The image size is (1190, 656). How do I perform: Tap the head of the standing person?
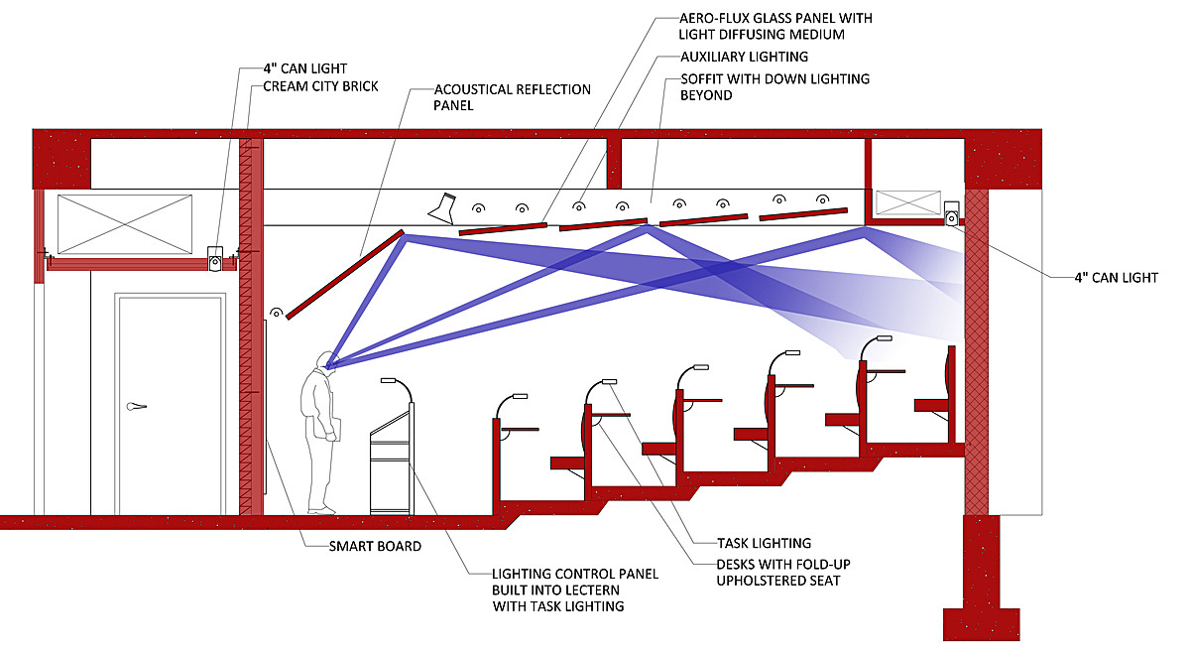[324, 360]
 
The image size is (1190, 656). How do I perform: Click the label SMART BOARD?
[375, 546]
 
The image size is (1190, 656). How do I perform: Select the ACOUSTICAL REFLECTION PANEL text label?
[512, 97]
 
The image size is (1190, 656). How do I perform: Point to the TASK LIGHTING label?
[764, 543]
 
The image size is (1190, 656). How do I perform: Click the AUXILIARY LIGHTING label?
[744, 58]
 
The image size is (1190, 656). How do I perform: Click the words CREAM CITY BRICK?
[323, 86]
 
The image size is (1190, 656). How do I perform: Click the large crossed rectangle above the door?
[124, 224]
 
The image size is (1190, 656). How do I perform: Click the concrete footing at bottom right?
[980, 624]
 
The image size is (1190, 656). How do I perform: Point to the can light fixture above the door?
[214, 257]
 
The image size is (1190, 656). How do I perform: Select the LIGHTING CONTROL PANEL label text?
[575, 590]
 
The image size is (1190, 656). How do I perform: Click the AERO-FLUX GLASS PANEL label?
[775, 27]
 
